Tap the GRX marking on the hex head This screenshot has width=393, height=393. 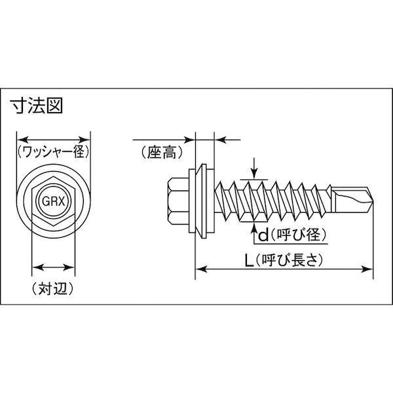point(53,202)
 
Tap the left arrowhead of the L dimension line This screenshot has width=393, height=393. point(199,267)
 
